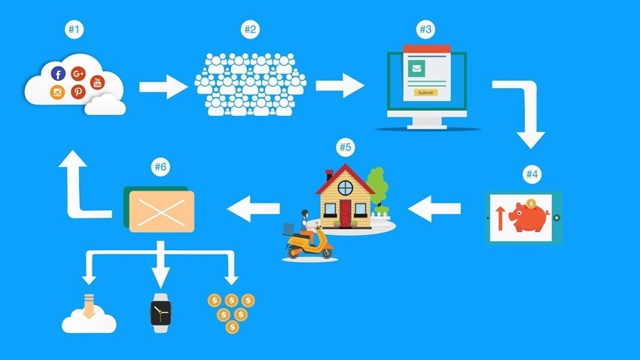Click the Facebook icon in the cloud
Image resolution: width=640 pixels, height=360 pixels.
(58, 74)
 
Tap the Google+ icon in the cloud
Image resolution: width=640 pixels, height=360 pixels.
(78, 74)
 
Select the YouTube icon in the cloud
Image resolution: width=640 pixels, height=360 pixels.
(97, 82)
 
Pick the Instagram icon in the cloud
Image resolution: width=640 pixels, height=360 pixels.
(57, 92)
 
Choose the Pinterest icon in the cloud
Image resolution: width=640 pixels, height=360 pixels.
(78, 91)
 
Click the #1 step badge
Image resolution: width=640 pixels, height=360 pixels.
(74, 29)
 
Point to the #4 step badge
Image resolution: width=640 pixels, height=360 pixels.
(532, 174)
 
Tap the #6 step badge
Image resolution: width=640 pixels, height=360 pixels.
(160, 166)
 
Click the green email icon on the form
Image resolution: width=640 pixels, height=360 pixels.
(416, 69)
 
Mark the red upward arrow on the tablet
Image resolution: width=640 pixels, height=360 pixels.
(499, 218)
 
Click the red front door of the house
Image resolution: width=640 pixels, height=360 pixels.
(346, 213)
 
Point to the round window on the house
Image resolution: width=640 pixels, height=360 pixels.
(346, 188)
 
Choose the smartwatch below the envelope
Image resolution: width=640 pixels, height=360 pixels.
(160, 313)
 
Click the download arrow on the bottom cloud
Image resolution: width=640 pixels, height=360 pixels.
(89, 306)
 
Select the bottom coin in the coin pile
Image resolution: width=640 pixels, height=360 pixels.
(232, 327)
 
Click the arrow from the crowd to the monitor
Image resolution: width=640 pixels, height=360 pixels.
(340, 86)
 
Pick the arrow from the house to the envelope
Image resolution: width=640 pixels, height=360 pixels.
(254, 209)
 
